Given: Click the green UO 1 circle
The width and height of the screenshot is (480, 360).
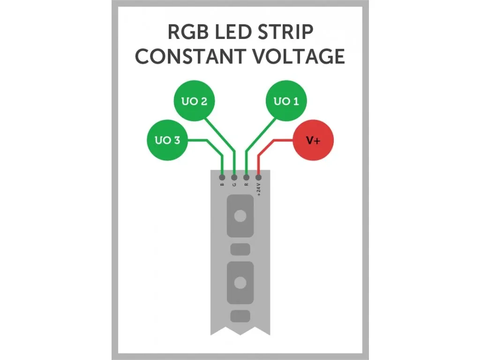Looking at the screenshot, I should click(286, 101).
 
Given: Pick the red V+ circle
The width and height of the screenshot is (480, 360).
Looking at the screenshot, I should click(313, 140).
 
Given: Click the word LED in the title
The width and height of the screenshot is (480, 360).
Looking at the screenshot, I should click(232, 33).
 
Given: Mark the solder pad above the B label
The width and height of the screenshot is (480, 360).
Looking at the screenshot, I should click(222, 178).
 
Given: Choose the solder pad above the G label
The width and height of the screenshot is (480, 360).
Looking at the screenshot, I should click(234, 178).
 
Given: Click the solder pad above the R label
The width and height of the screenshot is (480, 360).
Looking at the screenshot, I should click(247, 178).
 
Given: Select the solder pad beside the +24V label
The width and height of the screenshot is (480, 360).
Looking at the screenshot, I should click(258, 178).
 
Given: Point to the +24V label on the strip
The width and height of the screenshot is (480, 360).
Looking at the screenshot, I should click(258, 190).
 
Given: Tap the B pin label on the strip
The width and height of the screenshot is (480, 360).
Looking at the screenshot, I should click(222, 185).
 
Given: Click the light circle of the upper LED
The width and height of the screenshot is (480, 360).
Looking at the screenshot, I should click(240, 216).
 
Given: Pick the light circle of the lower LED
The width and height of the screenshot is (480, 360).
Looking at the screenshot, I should click(240, 282).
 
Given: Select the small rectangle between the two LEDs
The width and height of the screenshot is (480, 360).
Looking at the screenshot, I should click(240, 248).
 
